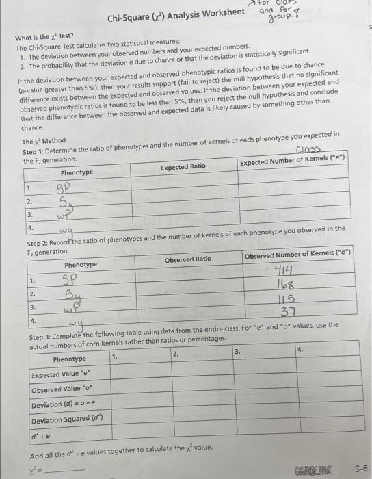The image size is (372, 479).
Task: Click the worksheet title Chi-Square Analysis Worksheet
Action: pos(176,13)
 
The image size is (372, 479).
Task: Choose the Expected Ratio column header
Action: pos(183,166)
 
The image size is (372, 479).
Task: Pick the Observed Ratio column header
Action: pos(188,259)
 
